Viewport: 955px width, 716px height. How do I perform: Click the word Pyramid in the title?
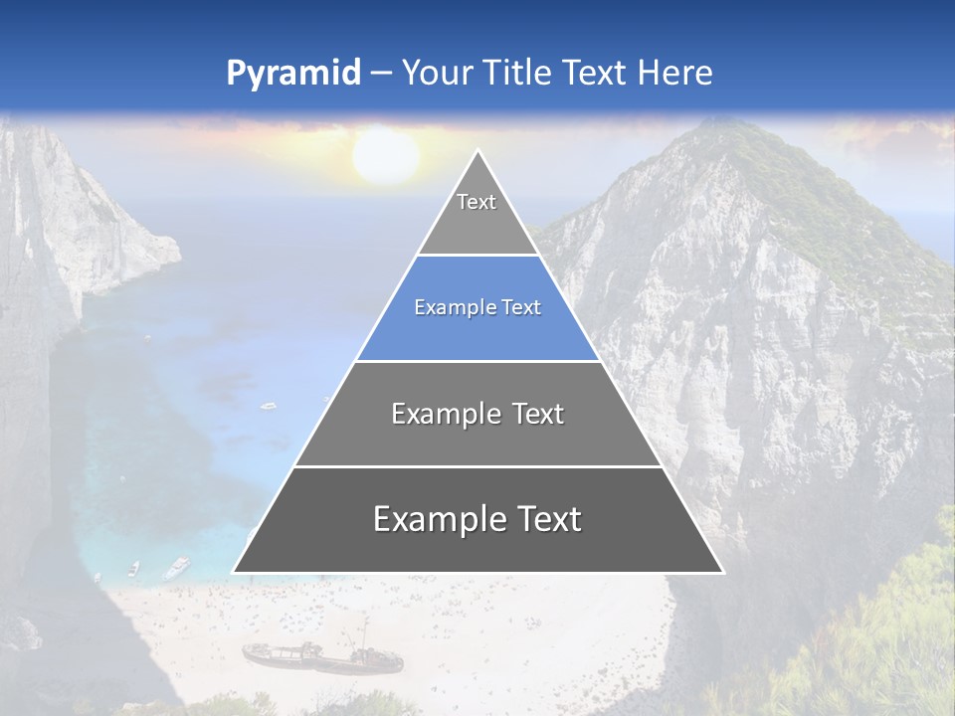click(292, 74)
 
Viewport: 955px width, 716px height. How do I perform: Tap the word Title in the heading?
click(520, 73)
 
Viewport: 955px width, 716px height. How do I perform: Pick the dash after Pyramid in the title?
click(381, 74)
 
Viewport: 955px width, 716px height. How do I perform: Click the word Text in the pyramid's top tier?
click(477, 202)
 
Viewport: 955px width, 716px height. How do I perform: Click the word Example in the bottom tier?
click(437, 519)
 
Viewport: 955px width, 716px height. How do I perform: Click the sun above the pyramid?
click(386, 156)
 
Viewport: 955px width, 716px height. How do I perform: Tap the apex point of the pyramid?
click(477, 151)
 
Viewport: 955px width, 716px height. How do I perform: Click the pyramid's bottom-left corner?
click(234, 572)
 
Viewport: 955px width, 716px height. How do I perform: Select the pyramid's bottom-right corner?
click(722, 572)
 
